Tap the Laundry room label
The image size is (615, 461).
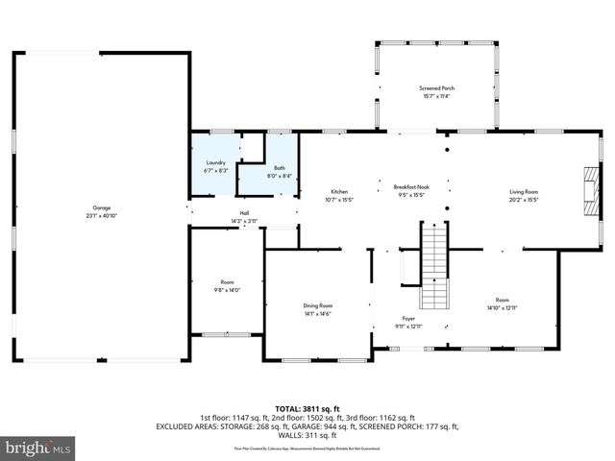click(x=215, y=162)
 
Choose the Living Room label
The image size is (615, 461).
click(x=524, y=192)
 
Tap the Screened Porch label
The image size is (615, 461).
click(x=435, y=88)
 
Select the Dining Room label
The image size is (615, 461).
click(x=318, y=305)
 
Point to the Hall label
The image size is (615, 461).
click(x=244, y=213)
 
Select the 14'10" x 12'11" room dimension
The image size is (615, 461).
click(x=501, y=307)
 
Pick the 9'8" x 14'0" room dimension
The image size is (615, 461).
click(x=228, y=290)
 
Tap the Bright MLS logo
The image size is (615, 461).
click(x=39, y=448)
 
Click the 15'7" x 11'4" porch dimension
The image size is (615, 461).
click(x=435, y=96)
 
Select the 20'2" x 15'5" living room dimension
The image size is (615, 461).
click(x=524, y=200)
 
